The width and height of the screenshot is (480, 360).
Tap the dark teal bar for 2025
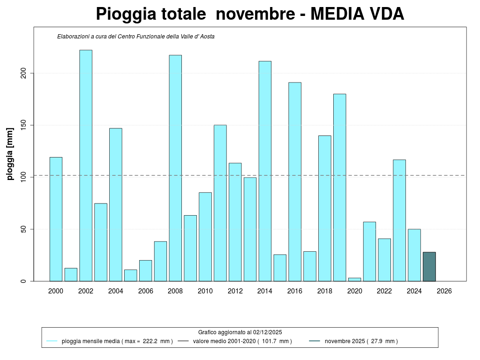[x=429, y=267]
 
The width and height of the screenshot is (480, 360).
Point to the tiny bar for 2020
[x=354, y=279]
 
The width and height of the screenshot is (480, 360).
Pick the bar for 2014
[x=265, y=171]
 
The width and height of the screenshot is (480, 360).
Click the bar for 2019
[x=340, y=187]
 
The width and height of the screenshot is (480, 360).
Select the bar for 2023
[x=399, y=220]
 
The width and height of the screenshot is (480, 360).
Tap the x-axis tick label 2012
[x=235, y=291]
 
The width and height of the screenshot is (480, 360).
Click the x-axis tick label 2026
[x=444, y=291]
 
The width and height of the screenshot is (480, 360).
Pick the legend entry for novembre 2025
[x=361, y=341]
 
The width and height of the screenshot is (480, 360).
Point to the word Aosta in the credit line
[x=207, y=36]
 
